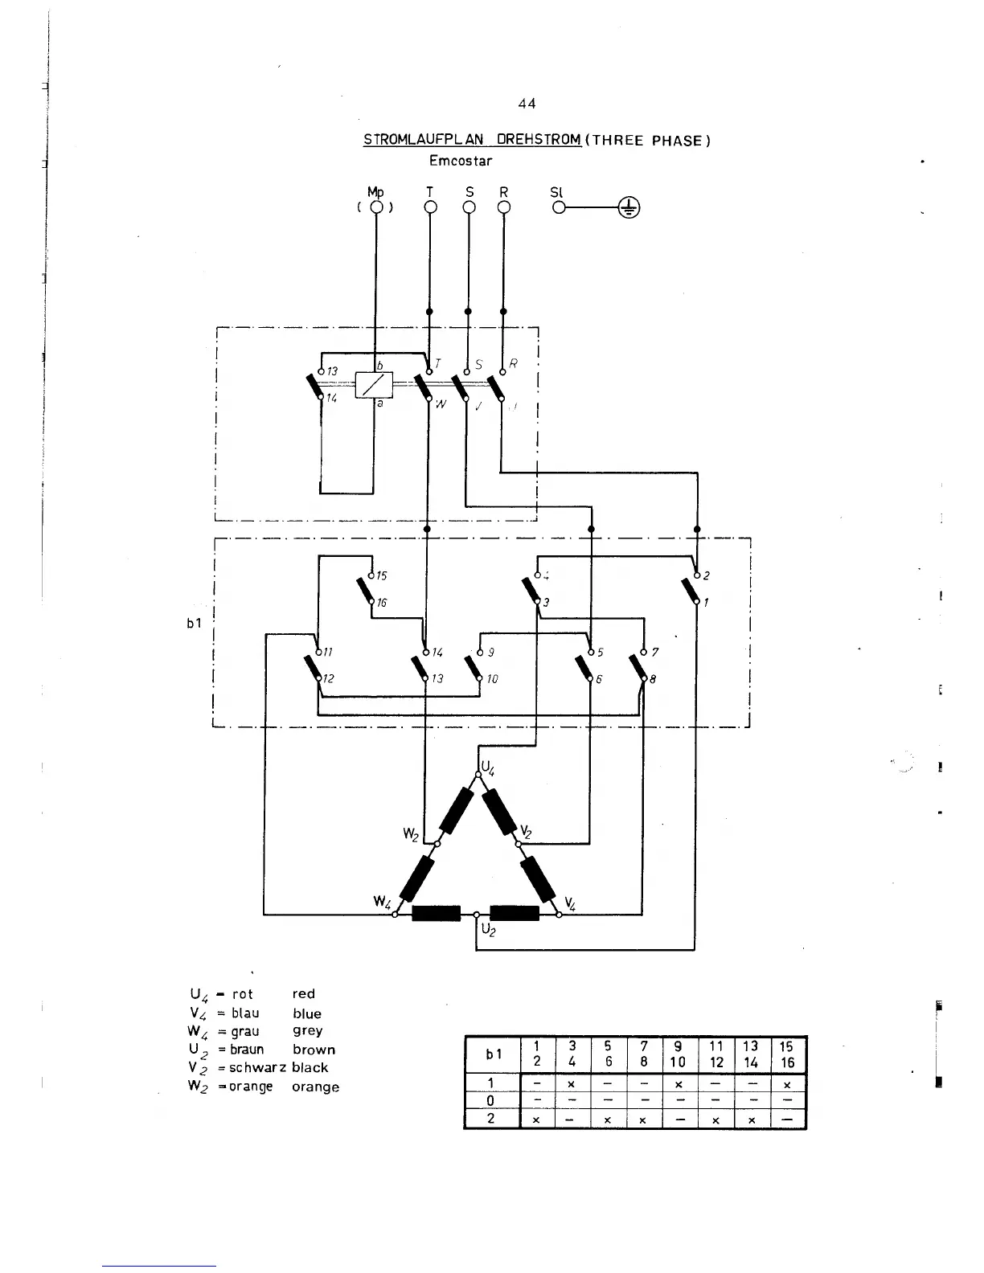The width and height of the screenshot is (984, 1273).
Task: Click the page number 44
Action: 527,104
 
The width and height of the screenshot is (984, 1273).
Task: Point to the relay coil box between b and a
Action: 374,386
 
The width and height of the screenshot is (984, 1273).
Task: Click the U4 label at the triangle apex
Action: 488,767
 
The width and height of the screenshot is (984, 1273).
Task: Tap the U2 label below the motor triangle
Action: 489,930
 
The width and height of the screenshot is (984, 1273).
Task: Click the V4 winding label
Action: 570,903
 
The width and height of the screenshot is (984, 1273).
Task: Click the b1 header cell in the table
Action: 491,1054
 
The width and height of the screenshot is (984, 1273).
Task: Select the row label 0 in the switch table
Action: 490,1100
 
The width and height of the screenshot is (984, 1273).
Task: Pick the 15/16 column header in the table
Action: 787,1054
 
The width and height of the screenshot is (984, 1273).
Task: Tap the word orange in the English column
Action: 315,1087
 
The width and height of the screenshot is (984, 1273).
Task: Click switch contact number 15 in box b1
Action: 382,576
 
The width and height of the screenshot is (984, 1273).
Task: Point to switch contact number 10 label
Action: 492,679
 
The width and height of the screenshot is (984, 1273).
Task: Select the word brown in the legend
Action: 314,1050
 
